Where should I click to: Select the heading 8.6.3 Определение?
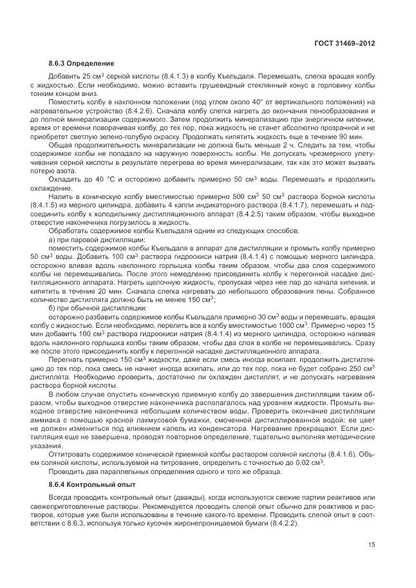pyautogui.click(x=81, y=64)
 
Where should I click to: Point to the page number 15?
pyautogui.click(x=371, y=544)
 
